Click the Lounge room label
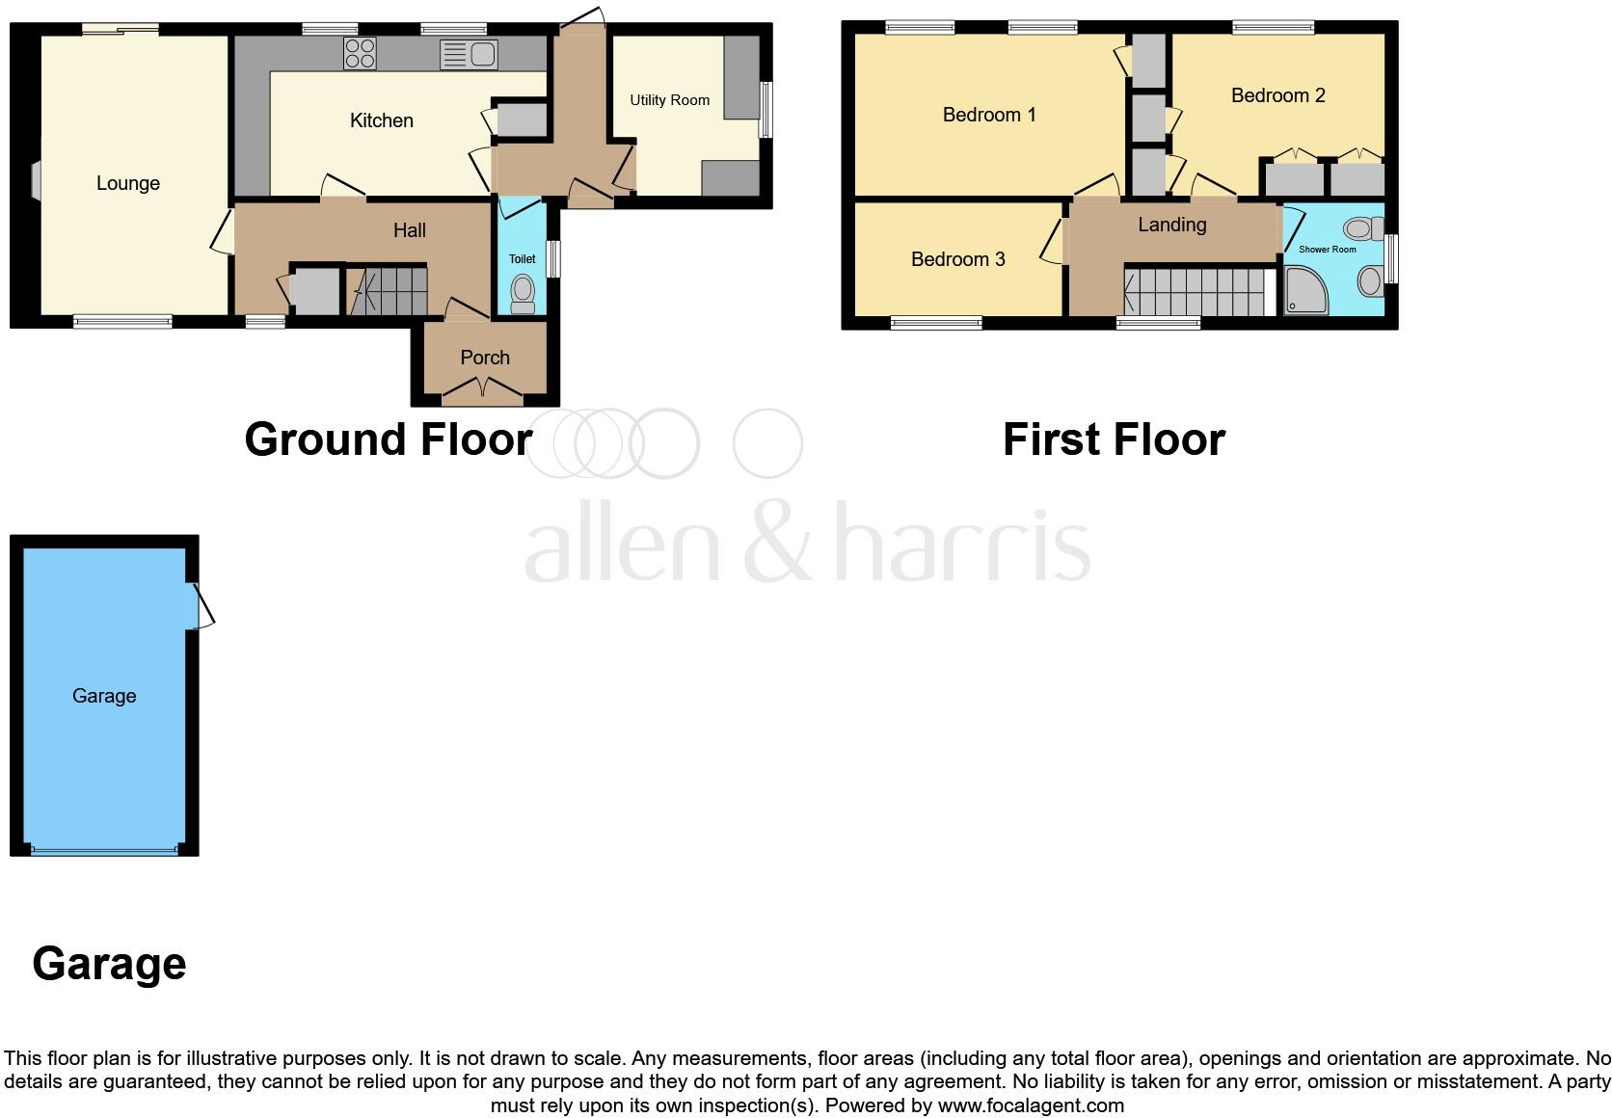(x=128, y=183)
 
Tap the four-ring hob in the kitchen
(x=360, y=54)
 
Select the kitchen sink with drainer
(x=469, y=55)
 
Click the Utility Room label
(x=669, y=100)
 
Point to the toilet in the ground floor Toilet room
(x=523, y=293)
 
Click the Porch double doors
(x=483, y=389)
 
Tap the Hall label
(x=409, y=230)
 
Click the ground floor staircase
(x=388, y=291)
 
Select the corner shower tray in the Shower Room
(x=1305, y=292)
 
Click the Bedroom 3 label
(x=957, y=259)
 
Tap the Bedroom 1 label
(x=988, y=115)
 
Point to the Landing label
(x=1171, y=225)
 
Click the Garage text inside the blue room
(x=104, y=696)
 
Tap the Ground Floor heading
(x=388, y=439)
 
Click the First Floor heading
(x=1114, y=439)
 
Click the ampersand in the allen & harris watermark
(x=777, y=545)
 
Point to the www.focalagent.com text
(x=1031, y=1105)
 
